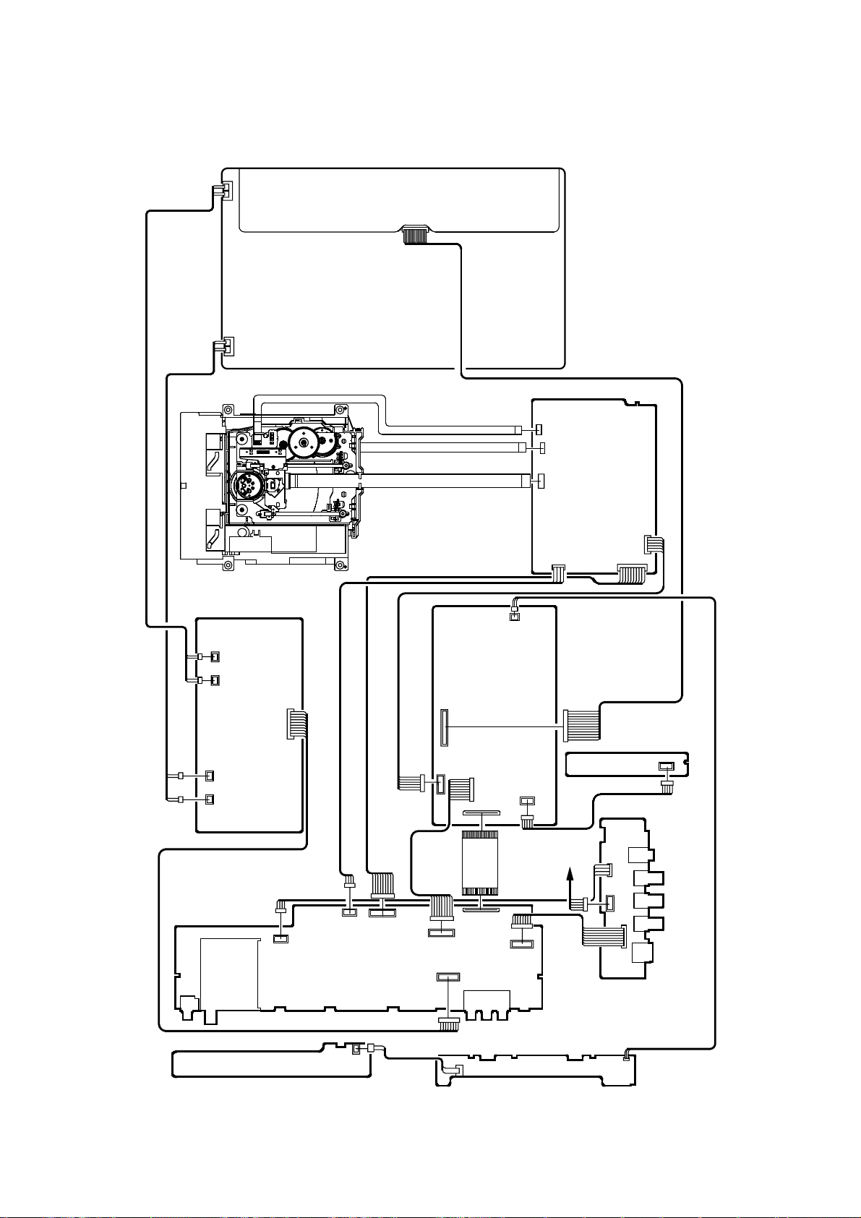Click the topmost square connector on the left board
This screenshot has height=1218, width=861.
(x=214, y=656)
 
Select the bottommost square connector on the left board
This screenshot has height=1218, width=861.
(x=210, y=799)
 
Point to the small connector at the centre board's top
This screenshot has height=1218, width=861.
(x=514, y=616)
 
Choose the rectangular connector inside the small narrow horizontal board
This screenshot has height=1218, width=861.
(x=666, y=766)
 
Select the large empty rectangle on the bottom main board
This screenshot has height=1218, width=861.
(x=230, y=973)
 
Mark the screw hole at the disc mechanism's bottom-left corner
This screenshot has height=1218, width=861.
(x=228, y=565)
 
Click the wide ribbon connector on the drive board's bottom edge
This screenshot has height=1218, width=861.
(x=633, y=575)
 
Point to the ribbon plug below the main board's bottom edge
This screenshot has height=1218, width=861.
(x=449, y=1022)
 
